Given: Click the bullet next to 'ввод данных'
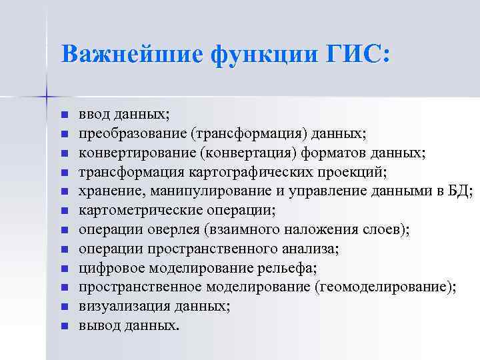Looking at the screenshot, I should coord(64,115).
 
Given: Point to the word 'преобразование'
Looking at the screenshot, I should coord(133,133).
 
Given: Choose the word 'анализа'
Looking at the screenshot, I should coord(313,249).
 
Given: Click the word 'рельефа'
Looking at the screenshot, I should coord(291,268).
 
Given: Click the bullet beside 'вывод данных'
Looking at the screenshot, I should coord(64,326).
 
